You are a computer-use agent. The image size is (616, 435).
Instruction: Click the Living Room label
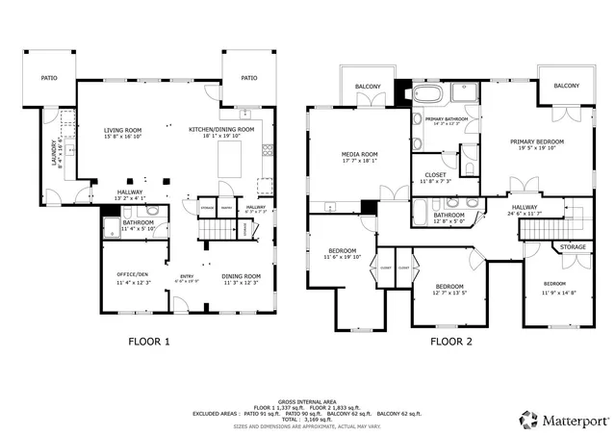122,130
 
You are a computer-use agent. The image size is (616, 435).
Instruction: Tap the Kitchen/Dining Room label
221,129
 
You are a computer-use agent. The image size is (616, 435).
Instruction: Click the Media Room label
359,154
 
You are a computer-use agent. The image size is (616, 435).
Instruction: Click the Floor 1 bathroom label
132,222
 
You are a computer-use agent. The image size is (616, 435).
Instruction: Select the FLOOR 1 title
149,341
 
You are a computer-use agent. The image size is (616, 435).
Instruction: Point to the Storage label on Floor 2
573,247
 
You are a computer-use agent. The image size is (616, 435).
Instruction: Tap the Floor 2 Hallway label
525,207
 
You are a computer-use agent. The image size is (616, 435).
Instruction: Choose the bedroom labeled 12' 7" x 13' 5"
449,287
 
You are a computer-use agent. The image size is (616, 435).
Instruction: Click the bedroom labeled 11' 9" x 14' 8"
553,284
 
